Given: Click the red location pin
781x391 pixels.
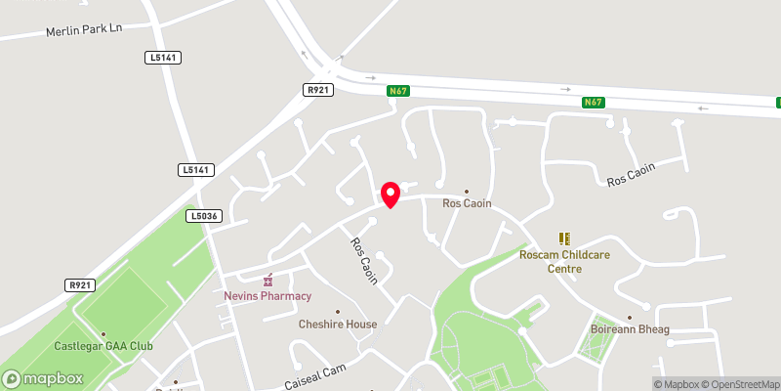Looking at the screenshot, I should click(390, 194).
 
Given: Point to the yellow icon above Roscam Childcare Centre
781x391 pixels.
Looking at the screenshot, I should click(563, 238).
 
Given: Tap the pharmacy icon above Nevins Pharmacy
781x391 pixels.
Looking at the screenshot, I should click(269, 281).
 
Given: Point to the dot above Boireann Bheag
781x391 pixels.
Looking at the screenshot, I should click(630, 317).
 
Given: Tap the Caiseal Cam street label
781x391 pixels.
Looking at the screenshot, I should click(316, 374).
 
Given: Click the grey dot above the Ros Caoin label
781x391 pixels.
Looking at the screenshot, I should click(467, 191).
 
